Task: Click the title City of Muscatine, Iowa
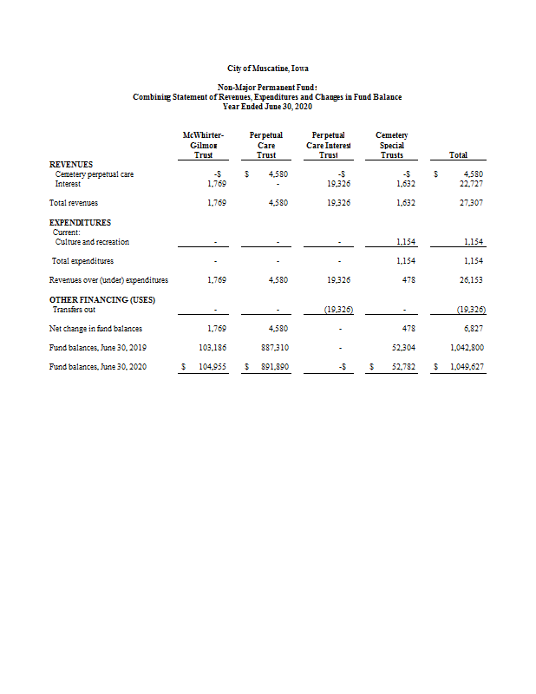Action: (x=267, y=68)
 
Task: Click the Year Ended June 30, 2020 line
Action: (x=267, y=106)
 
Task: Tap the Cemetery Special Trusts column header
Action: (x=392, y=145)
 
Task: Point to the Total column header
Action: (x=458, y=154)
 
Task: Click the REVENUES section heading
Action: (x=71, y=164)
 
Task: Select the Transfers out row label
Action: (x=75, y=309)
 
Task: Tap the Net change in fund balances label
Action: (x=95, y=329)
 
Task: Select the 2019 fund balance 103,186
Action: (x=212, y=348)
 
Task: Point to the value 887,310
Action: (x=274, y=348)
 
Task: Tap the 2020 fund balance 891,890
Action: (x=274, y=367)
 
